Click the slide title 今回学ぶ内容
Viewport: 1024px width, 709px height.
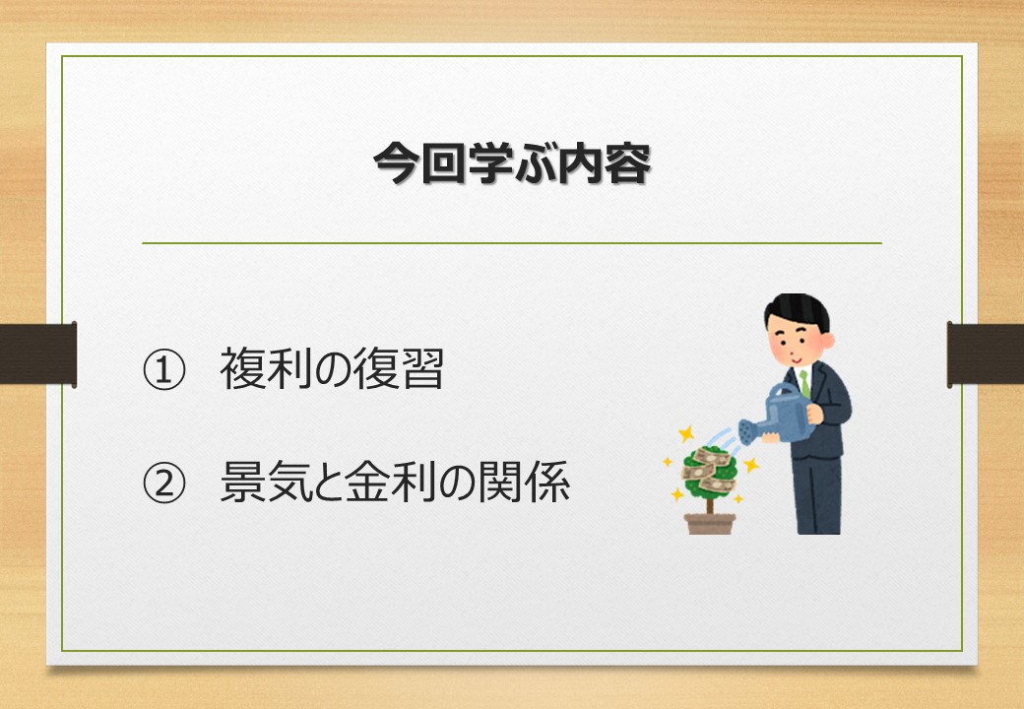click(512, 163)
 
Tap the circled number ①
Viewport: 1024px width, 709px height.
click(163, 369)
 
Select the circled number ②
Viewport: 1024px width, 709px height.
click(163, 483)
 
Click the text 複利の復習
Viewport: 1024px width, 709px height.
click(333, 369)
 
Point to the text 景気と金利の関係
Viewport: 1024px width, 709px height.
click(395, 483)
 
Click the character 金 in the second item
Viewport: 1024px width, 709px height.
click(367, 483)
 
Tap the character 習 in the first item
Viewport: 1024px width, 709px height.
click(422, 369)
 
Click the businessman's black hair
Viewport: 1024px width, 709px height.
click(798, 310)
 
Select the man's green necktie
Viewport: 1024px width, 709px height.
click(804, 384)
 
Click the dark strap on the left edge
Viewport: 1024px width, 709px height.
click(37, 354)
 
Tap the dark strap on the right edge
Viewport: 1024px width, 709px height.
click(986, 354)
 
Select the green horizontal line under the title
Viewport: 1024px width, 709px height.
click(512, 243)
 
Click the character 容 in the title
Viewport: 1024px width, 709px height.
click(628, 163)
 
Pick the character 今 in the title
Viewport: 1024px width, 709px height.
click(396, 163)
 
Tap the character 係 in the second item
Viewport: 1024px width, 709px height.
click(547, 483)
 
